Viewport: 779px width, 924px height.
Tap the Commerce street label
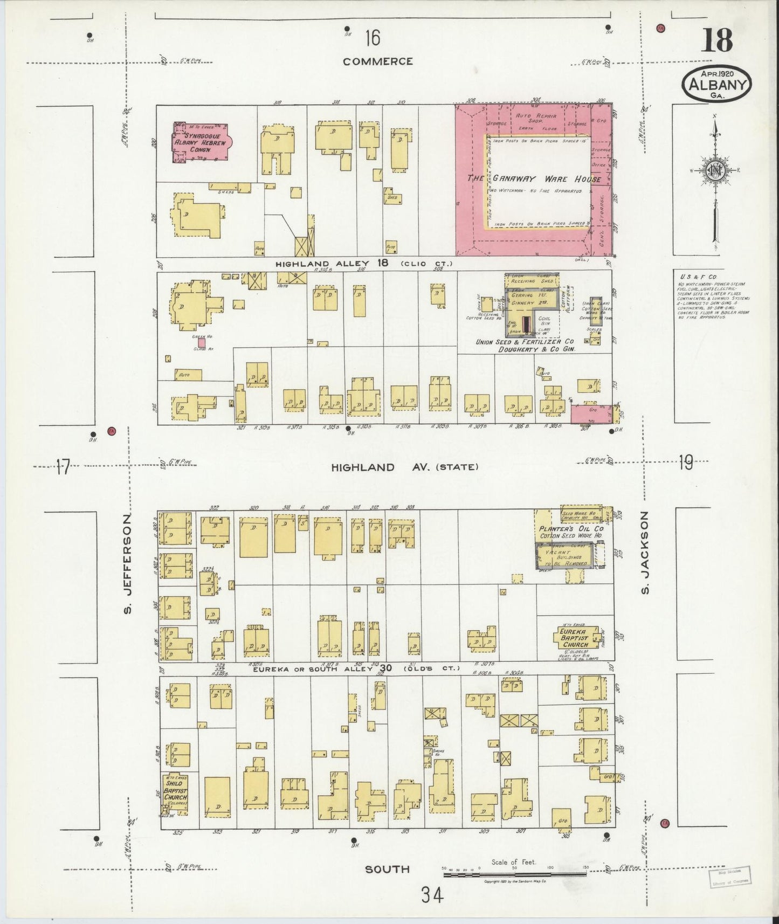pos(378,61)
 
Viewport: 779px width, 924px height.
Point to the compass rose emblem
pos(715,170)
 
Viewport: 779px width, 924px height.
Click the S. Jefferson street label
pos(128,564)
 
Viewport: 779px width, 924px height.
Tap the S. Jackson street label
pos(645,553)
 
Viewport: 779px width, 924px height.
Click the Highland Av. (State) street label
pos(404,467)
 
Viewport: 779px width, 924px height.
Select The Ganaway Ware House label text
pos(533,178)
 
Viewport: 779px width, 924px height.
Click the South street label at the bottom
pos(387,869)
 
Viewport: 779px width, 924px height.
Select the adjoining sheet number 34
pos(433,896)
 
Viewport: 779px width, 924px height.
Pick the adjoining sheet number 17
pos(63,466)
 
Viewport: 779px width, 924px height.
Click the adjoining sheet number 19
pos(685,462)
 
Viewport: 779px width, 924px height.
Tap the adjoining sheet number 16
pos(372,38)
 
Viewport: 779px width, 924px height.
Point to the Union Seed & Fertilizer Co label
pos(524,342)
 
